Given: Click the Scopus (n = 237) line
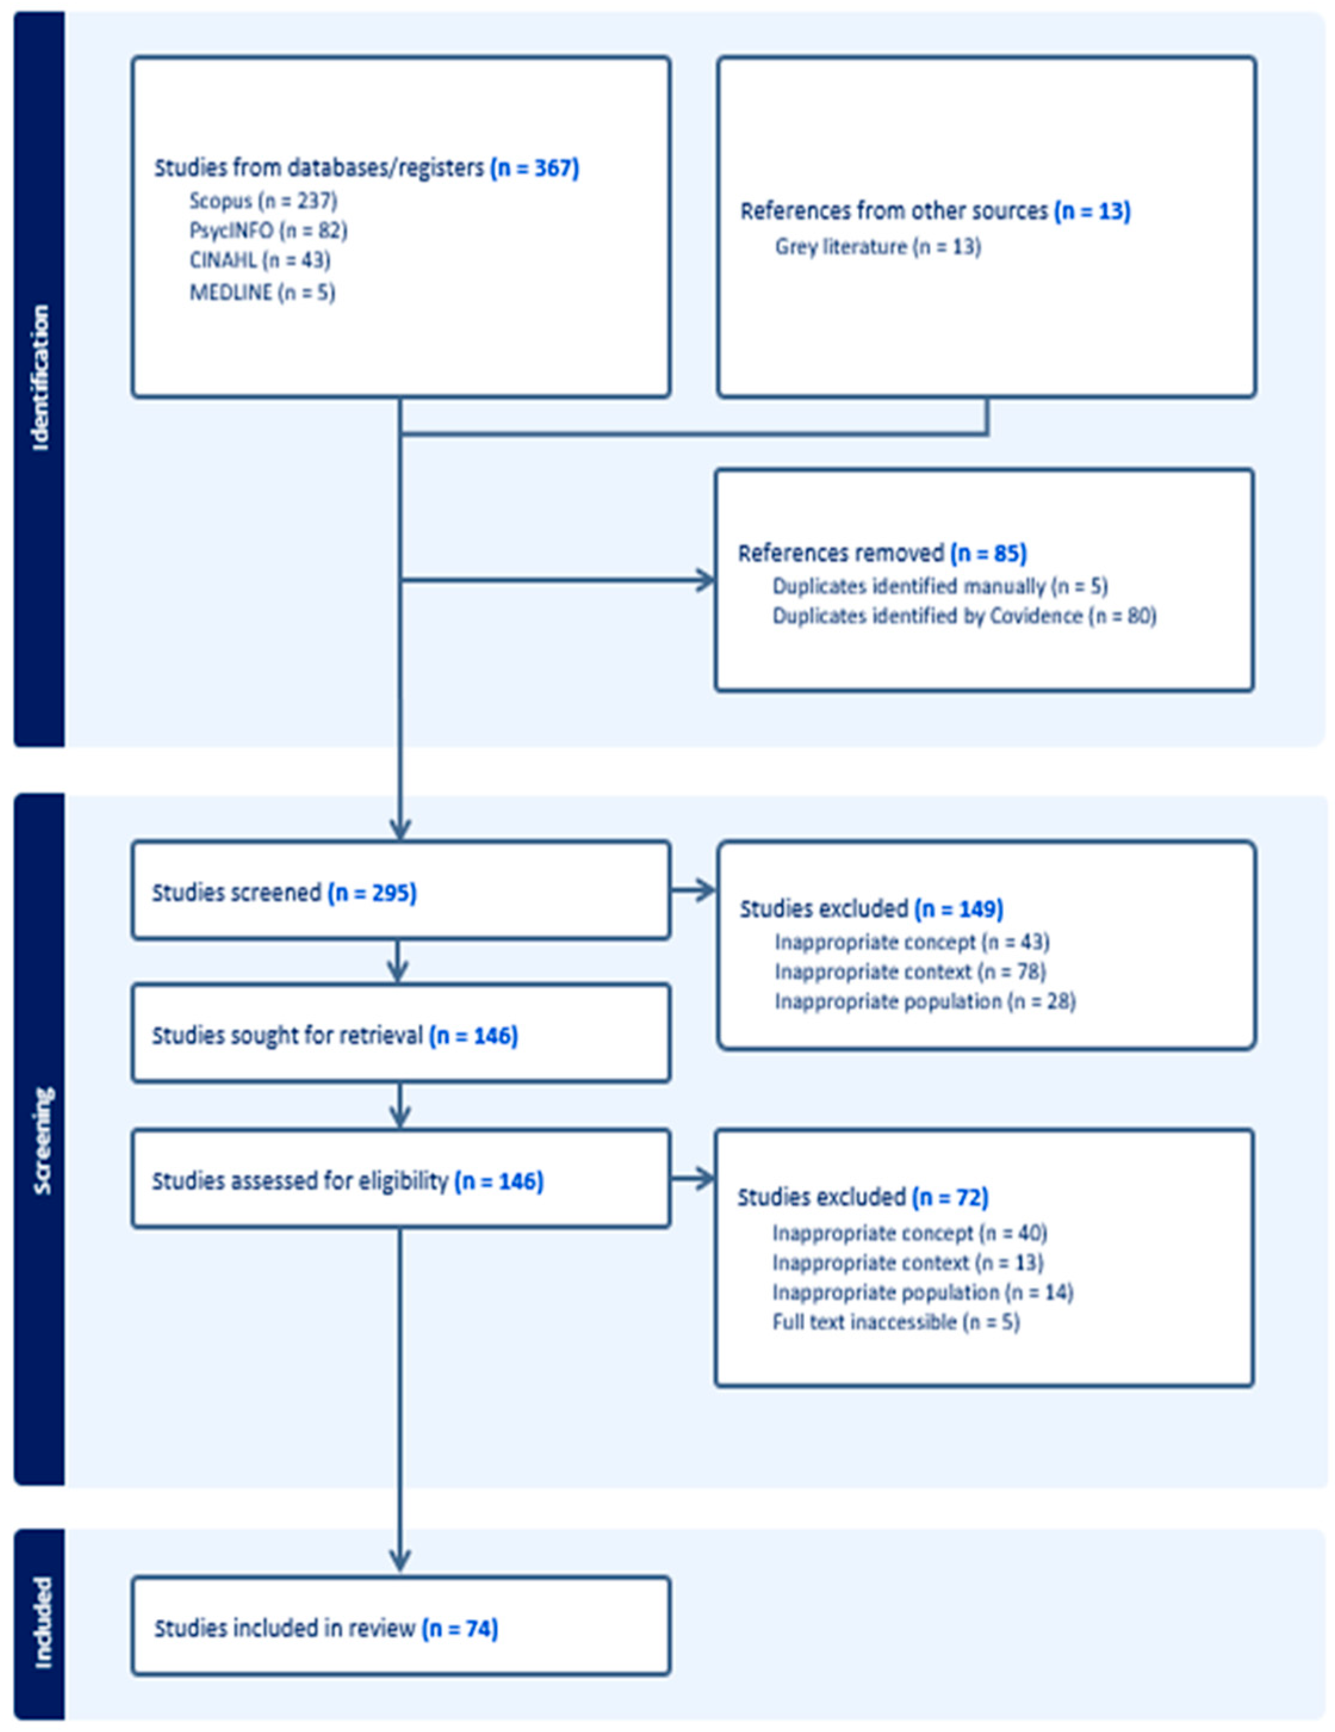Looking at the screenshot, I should pos(263,201).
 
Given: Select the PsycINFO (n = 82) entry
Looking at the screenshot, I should pos(268,231).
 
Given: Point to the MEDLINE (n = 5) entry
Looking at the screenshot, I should pos(262,293).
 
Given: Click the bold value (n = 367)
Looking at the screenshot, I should pos(535,168).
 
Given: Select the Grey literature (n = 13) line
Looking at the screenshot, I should pos(878,247).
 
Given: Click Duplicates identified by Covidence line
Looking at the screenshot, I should pos(964,616).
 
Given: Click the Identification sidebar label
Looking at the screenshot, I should pos(40,378).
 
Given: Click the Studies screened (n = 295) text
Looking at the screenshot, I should pos(284,893).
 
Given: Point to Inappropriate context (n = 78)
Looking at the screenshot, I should pos(910,971).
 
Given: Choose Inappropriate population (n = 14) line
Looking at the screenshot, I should pos(923,1293).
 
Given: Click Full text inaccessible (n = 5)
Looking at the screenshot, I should pos(896,1322).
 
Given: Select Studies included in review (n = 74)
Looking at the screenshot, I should pos(326,1629).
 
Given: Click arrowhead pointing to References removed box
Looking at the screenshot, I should pos(705,581).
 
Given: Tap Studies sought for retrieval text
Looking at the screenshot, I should pos(334,1036).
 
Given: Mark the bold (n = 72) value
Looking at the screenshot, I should pos(950,1197).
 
